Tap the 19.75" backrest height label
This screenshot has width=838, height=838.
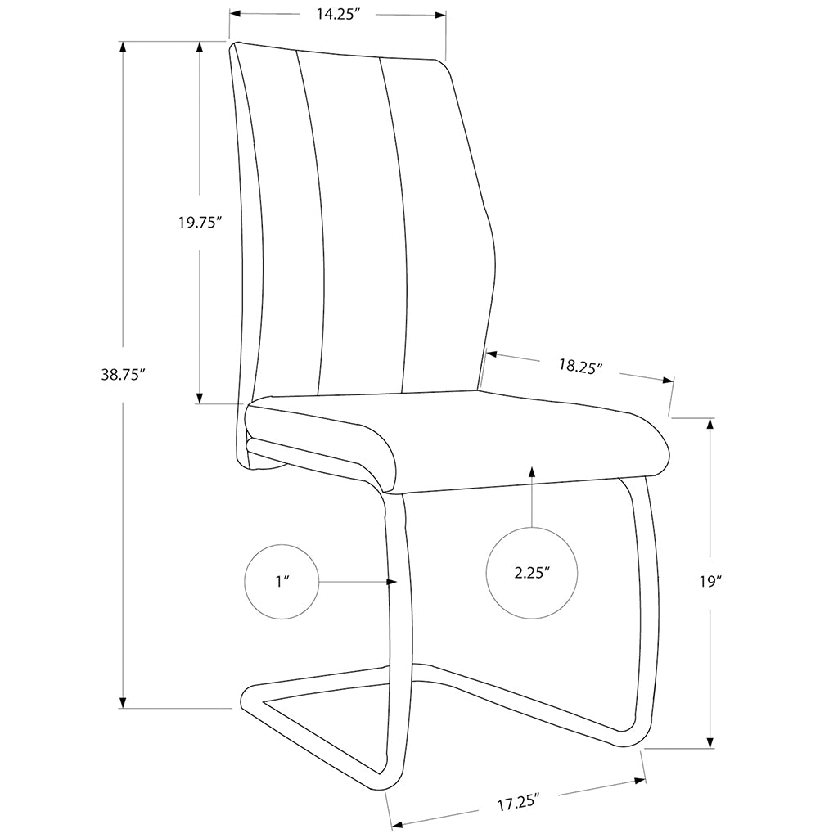tap(200, 223)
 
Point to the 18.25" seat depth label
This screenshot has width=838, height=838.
tap(580, 367)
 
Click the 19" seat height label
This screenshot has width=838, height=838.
tap(709, 582)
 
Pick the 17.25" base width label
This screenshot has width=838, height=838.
tap(519, 803)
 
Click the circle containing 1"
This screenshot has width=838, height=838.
tap(282, 582)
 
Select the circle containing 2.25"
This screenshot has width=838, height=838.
tap(532, 572)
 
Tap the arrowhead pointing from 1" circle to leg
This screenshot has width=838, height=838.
tap(392, 582)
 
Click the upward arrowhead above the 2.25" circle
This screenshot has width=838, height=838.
tap(532, 471)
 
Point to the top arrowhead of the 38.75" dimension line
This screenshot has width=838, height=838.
tap(123, 47)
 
